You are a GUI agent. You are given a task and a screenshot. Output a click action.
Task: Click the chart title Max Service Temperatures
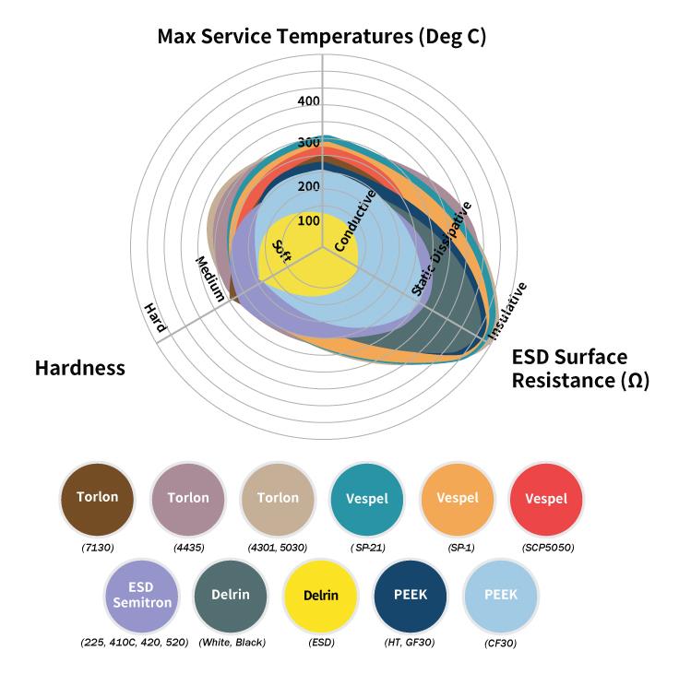point(322,37)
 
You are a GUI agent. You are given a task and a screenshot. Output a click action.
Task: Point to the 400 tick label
point(309,101)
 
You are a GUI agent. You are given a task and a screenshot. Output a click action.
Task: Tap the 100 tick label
point(309,220)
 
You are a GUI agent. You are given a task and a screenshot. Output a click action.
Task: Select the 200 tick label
point(309,186)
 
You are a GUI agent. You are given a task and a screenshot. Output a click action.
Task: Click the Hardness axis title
point(80,368)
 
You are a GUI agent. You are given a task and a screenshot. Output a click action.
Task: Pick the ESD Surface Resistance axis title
point(580,369)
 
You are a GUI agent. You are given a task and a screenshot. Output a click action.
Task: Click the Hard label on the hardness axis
point(155,317)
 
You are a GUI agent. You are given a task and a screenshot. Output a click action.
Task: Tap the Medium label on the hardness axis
point(210,278)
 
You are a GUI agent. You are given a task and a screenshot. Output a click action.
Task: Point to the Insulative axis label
point(507,311)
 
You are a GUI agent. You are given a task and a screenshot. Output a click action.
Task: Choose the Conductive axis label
point(355,220)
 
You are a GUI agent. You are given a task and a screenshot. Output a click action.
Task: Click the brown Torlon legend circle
point(98,499)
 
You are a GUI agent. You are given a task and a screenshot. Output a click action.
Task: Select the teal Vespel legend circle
point(367,499)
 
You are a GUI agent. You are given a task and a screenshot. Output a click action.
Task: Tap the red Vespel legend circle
point(546,499)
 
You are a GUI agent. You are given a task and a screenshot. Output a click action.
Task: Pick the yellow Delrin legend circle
point(321,596)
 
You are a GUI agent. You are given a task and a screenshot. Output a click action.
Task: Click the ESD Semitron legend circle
point(142,596)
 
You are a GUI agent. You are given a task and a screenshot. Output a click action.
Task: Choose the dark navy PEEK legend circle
point(411,596)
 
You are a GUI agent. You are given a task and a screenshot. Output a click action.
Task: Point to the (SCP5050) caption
point(548,548)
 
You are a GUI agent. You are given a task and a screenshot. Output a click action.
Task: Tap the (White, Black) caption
point(232,643)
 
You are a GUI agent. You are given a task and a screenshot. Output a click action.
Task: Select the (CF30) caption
point(501,644)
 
